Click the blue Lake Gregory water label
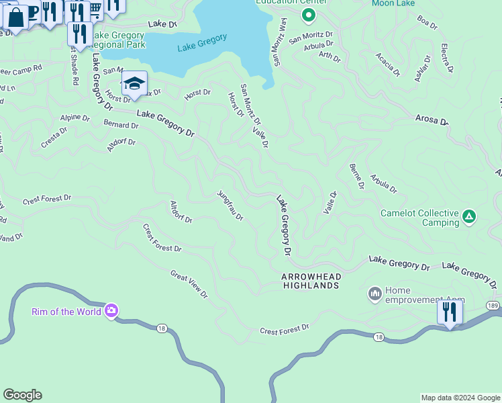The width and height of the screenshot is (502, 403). (202, 43)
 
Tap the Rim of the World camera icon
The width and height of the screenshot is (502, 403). (111, 311)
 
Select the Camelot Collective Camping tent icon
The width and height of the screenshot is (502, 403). (469, 217)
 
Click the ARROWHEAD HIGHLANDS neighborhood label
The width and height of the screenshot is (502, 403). (311, 281)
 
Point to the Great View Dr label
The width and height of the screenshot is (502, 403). (189, 285)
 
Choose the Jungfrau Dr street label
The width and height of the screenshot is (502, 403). (230, 206)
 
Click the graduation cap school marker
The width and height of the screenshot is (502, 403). (134, 84)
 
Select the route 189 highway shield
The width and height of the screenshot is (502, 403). (493, 306)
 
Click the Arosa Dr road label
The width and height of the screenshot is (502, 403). (431, 120)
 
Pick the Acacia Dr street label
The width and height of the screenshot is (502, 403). (387, 64)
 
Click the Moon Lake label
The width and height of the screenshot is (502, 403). (394, 4)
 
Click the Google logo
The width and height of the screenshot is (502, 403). (22, 395)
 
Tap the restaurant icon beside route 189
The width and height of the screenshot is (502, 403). (449, 312)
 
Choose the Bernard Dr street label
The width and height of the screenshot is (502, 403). (121, 125)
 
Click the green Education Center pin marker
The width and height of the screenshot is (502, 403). (308, 14)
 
